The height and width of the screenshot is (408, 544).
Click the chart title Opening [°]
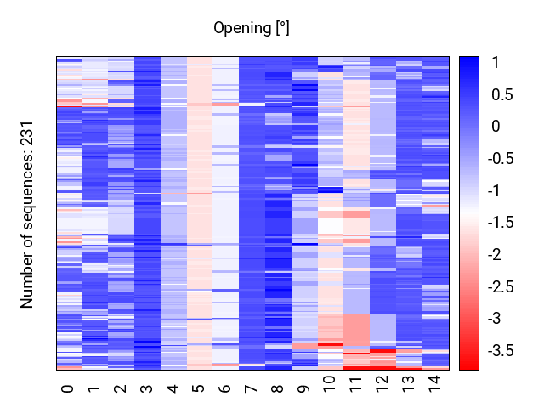coord(252,28)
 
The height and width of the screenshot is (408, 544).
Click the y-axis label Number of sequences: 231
coord(26,215)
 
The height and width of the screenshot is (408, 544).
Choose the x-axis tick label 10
coord(330,384)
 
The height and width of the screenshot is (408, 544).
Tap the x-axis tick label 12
coord(382,384)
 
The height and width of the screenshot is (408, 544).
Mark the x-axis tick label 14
coord(434,384)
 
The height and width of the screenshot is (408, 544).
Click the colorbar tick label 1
coord(495,63)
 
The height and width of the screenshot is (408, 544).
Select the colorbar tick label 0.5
coord(502,94)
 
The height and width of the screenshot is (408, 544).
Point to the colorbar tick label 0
coord(496,127)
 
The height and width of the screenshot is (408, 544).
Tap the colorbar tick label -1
coord(494,190)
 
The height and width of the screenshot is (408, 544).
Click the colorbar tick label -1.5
coord(501,223)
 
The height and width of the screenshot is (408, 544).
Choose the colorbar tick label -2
coord(495,255)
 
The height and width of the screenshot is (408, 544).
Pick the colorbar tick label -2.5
coord(501,287)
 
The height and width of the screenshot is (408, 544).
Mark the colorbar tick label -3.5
coord(501,351)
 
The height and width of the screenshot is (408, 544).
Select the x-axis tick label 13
coord(408,384)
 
